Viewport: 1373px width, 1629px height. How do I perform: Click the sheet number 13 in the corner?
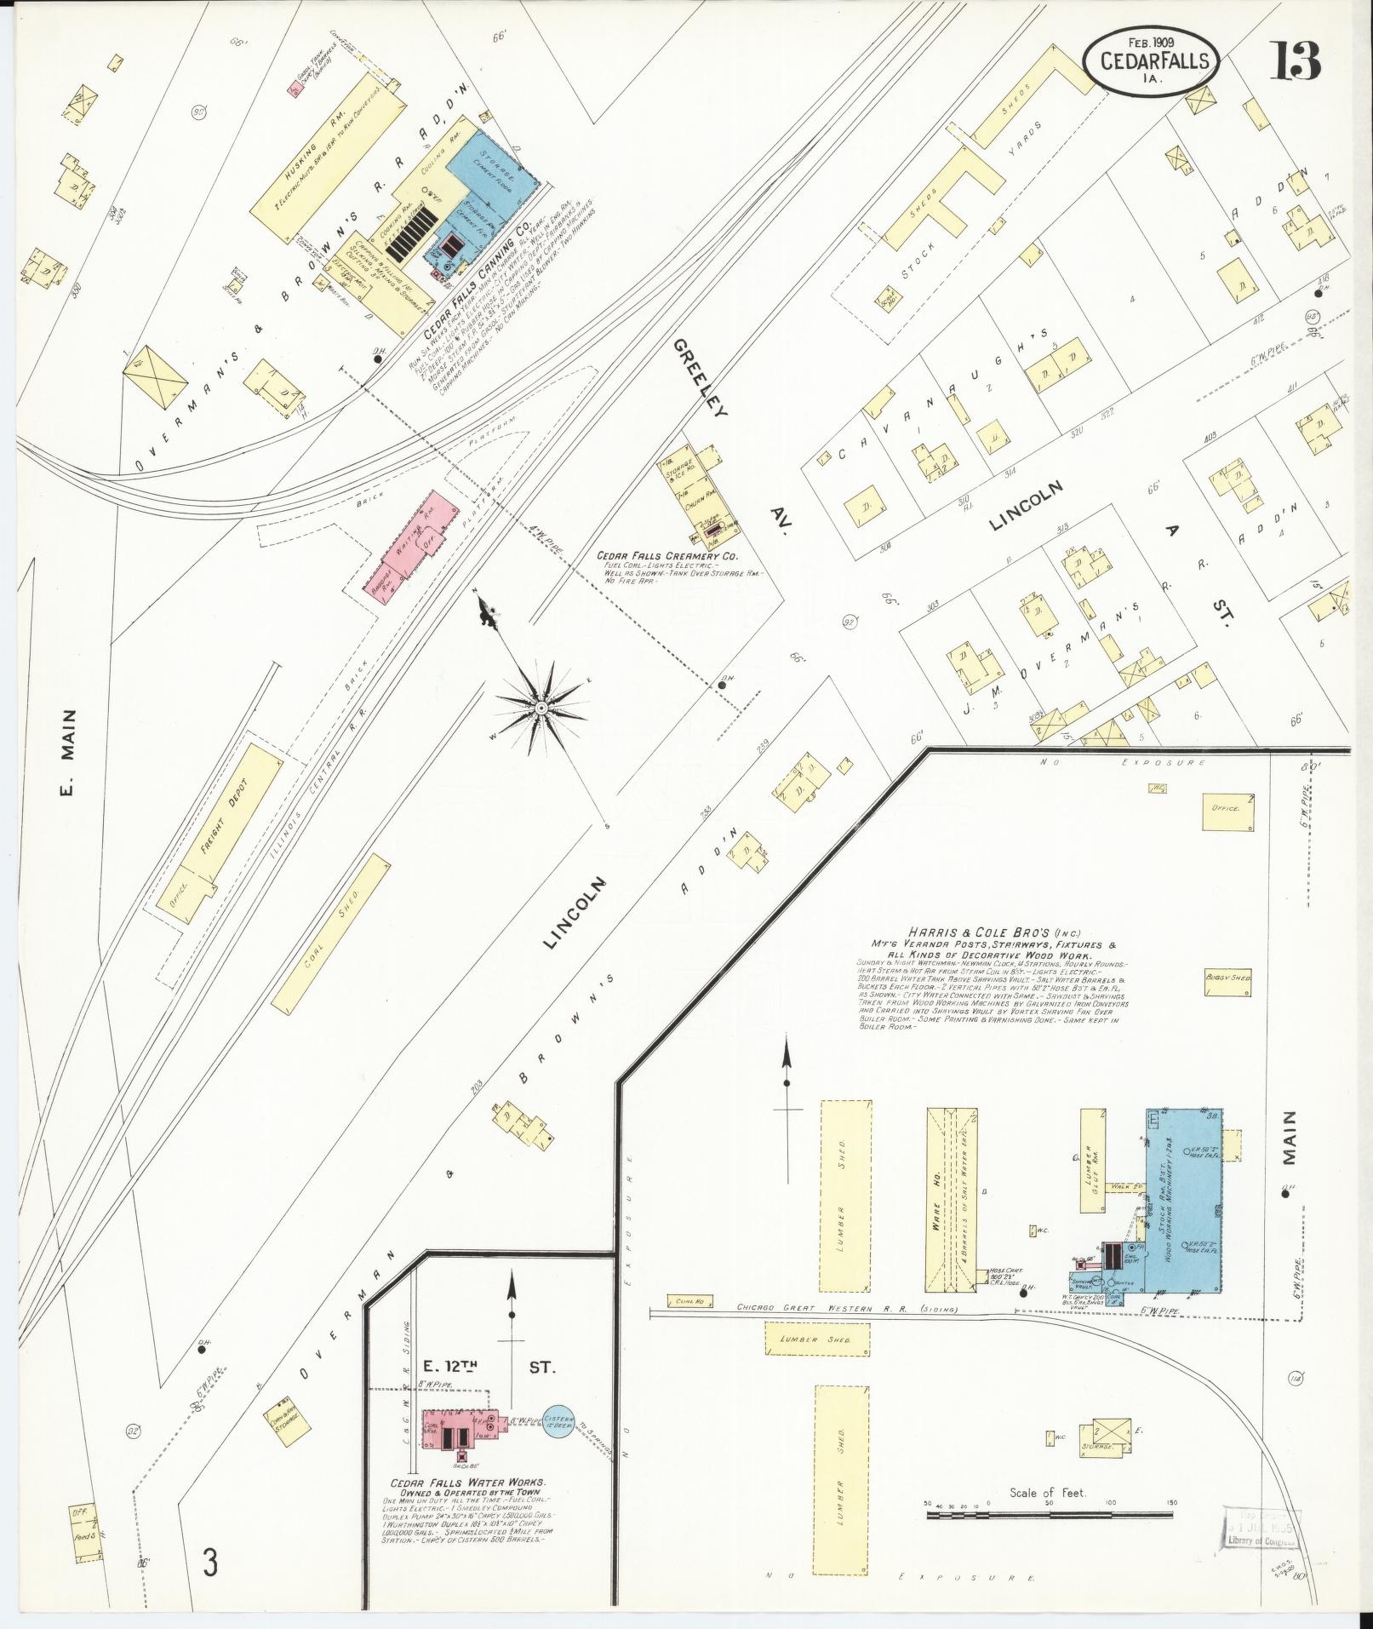[x=1296, y=60]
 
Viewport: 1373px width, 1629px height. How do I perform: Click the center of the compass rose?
[x=540, y=708]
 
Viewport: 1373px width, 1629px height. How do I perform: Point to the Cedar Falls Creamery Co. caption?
[x=666, y=555]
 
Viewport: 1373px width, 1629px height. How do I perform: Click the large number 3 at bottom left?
[x=210, y=1563]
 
